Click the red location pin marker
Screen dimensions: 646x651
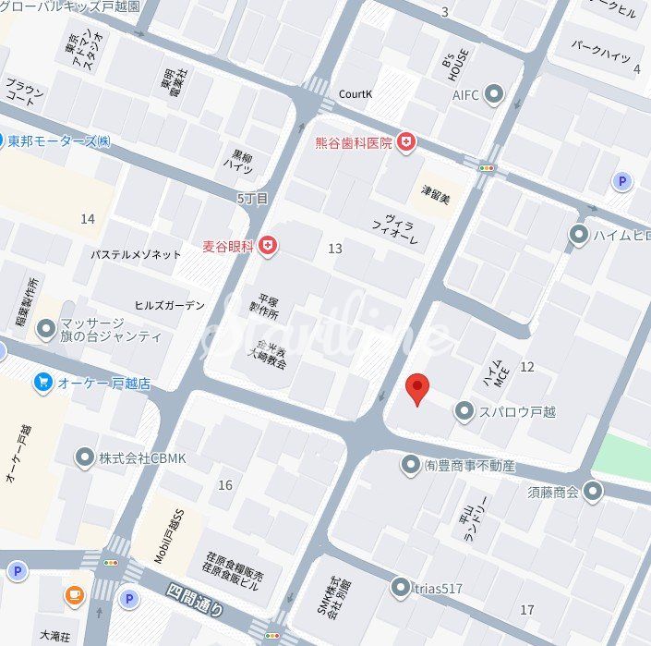[418, 389]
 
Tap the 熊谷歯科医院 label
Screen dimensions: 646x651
[354, 142]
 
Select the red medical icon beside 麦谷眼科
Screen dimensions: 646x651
[268, 246]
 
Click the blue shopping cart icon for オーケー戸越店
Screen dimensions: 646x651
[42, 382]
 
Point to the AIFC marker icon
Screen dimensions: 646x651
[494, 93]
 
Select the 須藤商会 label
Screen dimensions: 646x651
[553, 492]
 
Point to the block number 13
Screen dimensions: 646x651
[335, 249]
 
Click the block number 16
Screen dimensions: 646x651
[225, 485]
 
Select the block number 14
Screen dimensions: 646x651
[88, 219]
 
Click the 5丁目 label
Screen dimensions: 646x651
[252, 198]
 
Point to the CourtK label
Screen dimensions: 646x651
[356, 94]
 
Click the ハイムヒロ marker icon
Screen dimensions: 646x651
[579, 235]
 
